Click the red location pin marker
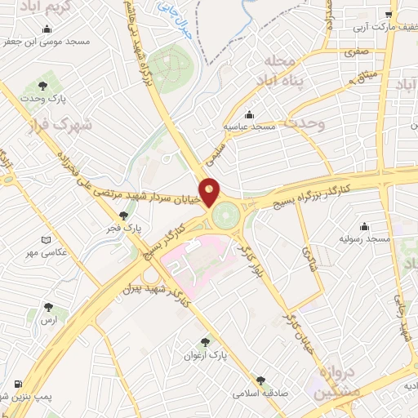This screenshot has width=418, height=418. click(210, 191)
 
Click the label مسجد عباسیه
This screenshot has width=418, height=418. click(251, 128)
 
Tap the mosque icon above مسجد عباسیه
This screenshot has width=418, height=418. click(248, 115)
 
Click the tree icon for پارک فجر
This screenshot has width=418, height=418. click(123, 216)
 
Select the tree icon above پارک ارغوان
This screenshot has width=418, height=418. click(205, 343)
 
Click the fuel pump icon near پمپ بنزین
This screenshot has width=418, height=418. click(17, 384)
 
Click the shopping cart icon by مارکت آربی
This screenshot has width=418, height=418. click(390, 15)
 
